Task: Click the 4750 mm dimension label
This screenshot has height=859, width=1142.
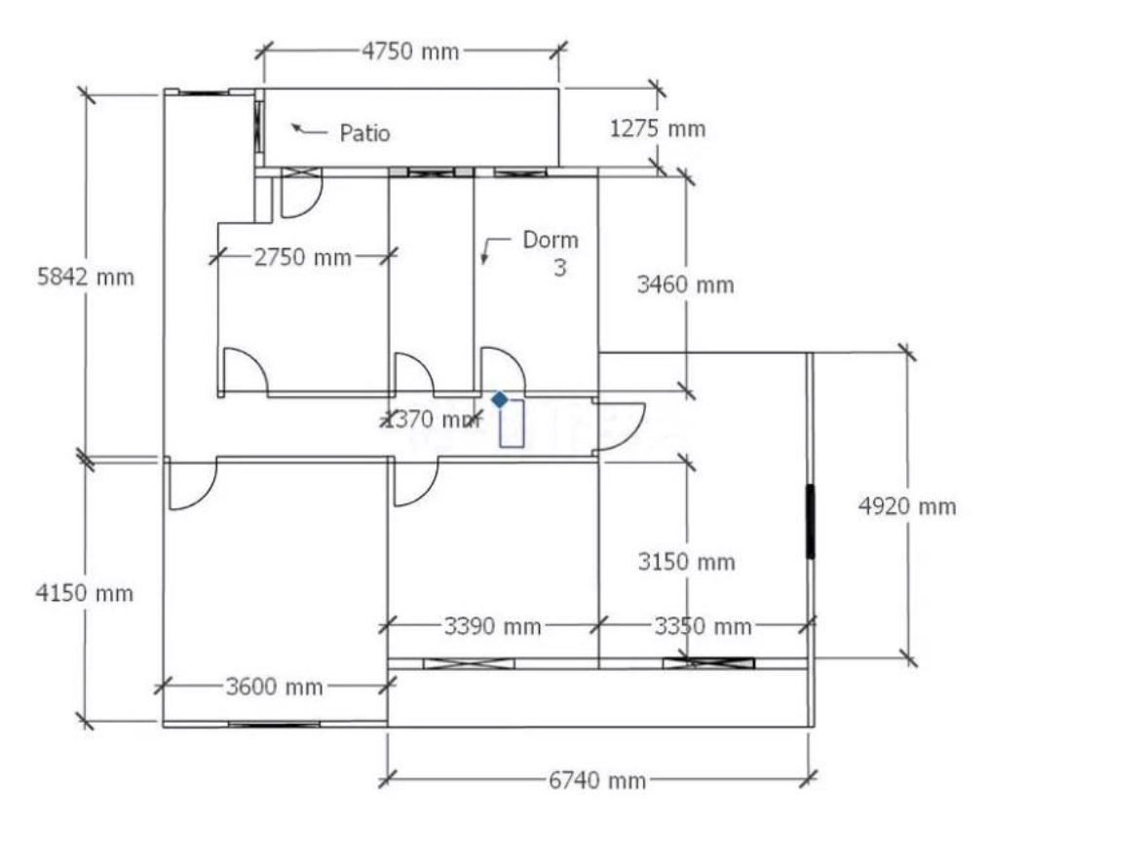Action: coord(411,52)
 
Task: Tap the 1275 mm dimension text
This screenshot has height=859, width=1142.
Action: coord(658,129)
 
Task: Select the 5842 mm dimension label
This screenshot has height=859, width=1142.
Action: coord(86,277)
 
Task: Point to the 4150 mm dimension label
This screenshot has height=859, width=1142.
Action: coord(85,593)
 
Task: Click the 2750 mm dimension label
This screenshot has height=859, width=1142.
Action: coord(303,257)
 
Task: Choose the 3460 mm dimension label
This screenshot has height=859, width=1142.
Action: coord(685,284)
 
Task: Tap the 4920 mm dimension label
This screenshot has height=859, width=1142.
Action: coord(907,505)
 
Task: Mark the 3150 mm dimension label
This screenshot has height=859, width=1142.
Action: coord(686,562)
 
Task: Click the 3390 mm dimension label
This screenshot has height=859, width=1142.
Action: coord(492,626)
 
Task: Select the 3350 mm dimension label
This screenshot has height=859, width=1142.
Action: coord(703,626)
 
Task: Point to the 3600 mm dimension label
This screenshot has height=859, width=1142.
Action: coord(274,687)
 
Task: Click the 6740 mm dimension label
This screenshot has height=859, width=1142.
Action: coord(597,780)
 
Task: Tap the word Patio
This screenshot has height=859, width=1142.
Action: coord(364,133)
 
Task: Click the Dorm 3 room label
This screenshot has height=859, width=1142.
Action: coord(552,253)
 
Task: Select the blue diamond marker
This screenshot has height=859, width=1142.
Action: coord(500,399)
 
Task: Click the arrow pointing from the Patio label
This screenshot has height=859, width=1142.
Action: coord(309,131)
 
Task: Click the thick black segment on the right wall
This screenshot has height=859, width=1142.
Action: coord(810,522)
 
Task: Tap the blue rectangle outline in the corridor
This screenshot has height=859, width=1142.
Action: coord(512,423)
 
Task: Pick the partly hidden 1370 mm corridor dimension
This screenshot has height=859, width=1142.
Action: coord(431,420)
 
